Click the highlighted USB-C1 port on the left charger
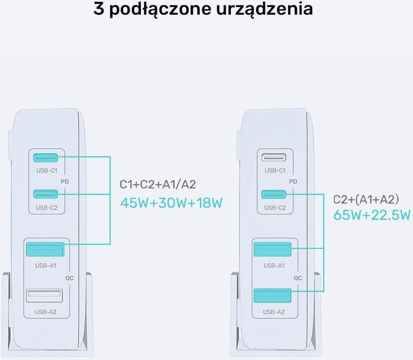45,157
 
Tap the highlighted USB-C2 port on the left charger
45,194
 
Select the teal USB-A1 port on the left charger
45,249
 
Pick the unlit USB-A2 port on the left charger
45,296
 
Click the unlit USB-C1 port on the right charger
274,157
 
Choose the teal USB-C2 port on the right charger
274,194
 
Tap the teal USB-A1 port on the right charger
272,249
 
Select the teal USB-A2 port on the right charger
272,296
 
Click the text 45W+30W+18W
172,203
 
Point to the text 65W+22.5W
372,215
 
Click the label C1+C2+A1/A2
158,184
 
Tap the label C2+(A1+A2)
366,199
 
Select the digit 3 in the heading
98,9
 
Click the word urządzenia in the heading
265,9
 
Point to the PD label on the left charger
65,181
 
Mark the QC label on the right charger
298,278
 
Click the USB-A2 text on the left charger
45,312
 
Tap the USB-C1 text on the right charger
275,171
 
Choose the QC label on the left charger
70,278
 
